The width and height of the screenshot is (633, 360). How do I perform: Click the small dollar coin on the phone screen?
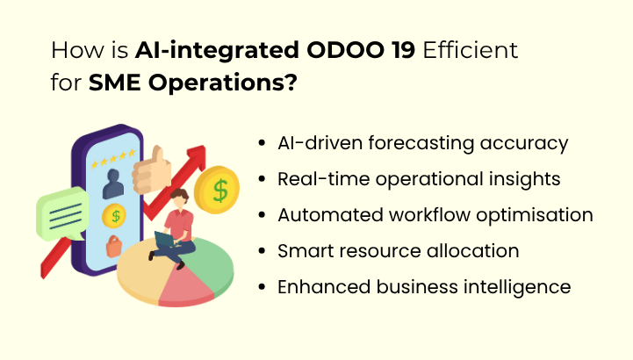112,215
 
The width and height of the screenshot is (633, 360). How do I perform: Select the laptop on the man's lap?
166,239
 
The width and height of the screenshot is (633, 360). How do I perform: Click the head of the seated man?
179,198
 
